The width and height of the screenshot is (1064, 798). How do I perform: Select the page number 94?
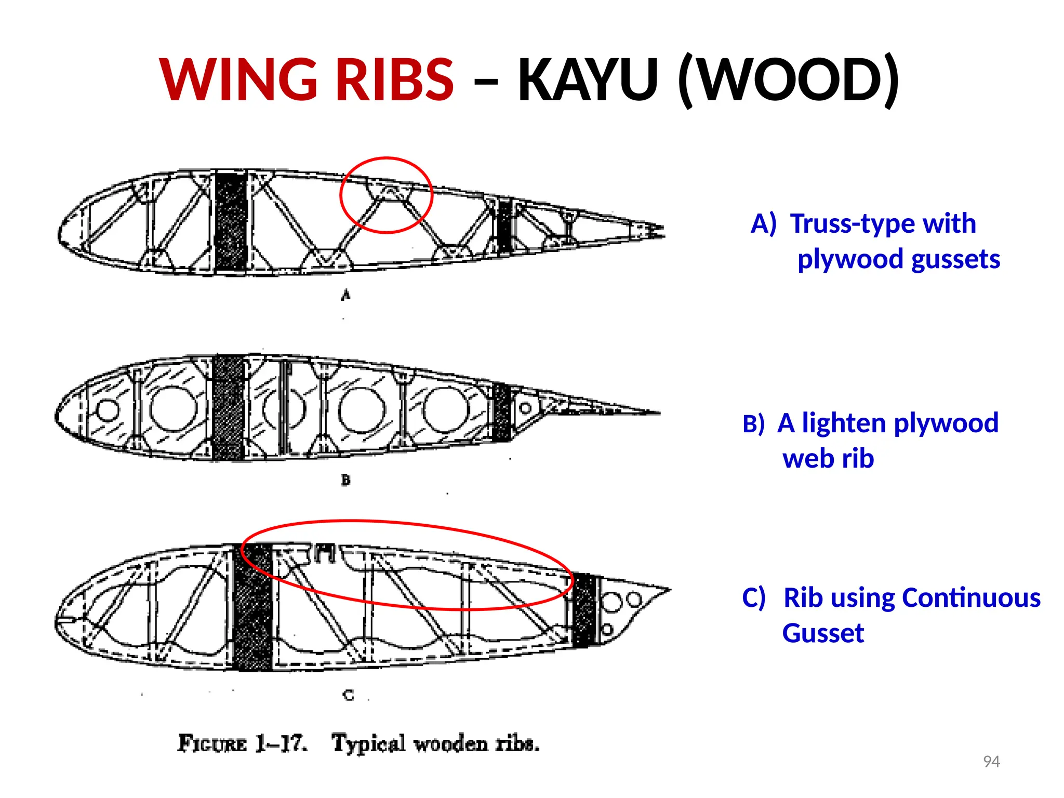pos(991,762)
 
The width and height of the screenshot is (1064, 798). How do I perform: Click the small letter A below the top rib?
pos(345,295)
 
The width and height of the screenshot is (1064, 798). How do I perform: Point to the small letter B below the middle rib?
pos(345,480)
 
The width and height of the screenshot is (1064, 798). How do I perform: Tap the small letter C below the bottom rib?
pos(348,695)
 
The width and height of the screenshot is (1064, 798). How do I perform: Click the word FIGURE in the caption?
pos(212,743)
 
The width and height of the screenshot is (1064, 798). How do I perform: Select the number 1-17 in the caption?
pos(281,743)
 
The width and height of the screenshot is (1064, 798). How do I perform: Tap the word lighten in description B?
pos(845,422)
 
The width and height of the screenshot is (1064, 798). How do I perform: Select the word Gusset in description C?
pos(823,633)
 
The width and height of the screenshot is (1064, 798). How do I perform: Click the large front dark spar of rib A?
pos(231,221)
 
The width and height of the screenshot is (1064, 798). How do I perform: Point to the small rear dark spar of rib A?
pos(504,225)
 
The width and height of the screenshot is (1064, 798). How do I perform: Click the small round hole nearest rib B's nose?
pos(108,410)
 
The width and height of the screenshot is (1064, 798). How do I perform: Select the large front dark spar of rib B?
pos(228,408)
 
